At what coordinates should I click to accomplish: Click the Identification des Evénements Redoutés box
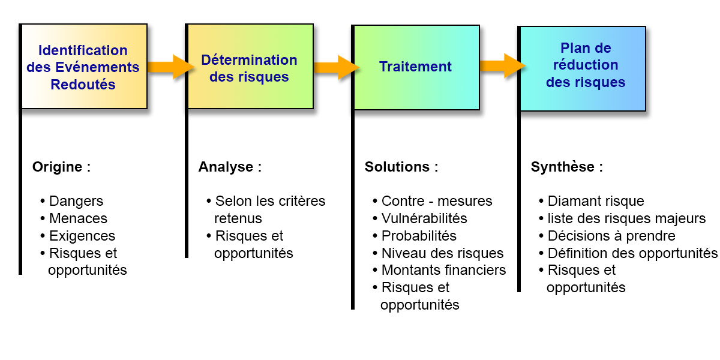pos(84,66)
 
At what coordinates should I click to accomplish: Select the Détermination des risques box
pos(250,66)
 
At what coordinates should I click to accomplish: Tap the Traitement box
pos(416,67)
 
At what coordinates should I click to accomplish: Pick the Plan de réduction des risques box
pos(583,69)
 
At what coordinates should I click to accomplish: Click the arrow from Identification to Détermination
pos(171,67)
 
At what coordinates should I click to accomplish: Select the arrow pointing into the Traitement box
pos(336,67)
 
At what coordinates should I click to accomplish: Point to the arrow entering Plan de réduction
pos(503,66)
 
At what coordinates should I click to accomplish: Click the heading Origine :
pos(61,167)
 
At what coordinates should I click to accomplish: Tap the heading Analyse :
pos(230,167)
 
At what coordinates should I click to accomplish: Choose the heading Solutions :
pos(401,167)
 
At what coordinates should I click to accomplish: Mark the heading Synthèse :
pos(566,167)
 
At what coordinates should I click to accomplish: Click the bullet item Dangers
pos(71,202)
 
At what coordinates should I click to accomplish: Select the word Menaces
pos(78,218)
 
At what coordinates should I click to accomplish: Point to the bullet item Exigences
pos(77,236)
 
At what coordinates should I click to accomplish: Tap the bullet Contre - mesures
pos(433,201)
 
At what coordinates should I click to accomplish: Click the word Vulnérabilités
pos(424,218)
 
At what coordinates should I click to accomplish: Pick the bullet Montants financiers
pos(439,271)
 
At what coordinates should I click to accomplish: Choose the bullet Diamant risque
pos(592,201)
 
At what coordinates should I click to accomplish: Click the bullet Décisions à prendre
pos(607,236)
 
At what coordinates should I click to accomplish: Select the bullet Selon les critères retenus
pos(266,209)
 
